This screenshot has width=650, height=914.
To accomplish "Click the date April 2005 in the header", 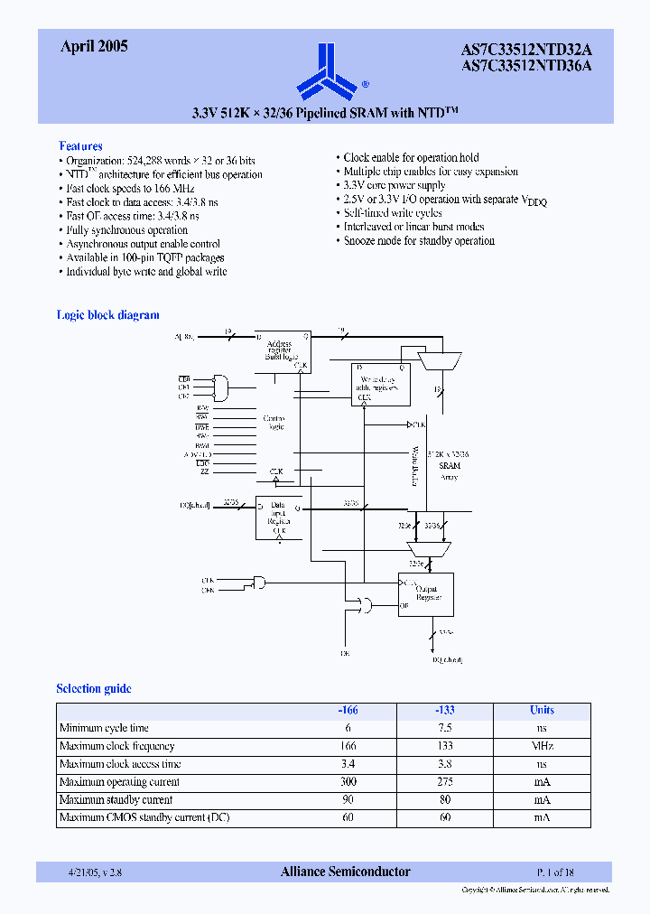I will coord(94,46).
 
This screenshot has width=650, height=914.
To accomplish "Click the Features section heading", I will coord(80,146).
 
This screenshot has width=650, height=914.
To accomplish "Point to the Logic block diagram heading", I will coord(107,315).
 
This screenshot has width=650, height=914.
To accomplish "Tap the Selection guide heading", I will coord(94,689).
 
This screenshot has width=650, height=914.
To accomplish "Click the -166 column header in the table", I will coord(348,710).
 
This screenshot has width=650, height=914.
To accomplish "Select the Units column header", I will coord(542,710).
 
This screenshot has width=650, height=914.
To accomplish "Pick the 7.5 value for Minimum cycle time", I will coord(444,728).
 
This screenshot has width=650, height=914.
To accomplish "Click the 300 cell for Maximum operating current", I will coord(348,782).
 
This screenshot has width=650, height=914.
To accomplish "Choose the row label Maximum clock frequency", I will coord(117,746).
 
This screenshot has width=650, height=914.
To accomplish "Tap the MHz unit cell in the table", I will coord(542,746).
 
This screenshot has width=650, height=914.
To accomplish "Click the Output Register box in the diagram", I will coord(426,594).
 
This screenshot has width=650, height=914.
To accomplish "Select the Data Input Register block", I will coord(280,518).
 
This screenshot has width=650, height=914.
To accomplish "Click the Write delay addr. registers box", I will coord(381,384).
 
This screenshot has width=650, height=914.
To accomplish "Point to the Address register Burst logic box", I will coord(283,350).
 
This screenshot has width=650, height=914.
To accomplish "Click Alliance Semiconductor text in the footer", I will coord(345,872).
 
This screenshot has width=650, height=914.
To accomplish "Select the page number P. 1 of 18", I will coord(555,872).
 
